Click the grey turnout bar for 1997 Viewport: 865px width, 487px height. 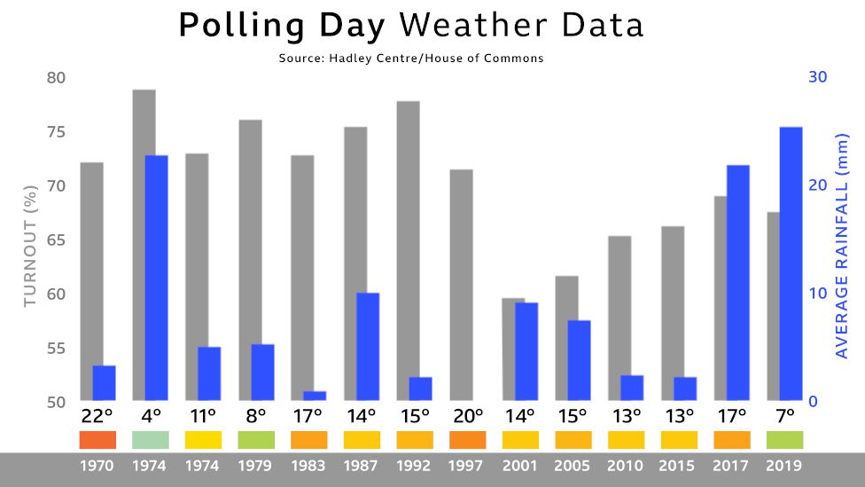(461, 284)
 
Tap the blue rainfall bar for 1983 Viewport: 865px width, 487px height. (315, 396)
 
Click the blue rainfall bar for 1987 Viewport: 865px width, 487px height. (368, 346)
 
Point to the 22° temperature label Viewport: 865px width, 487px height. (97, 415)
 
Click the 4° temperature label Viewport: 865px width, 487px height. (151, 415)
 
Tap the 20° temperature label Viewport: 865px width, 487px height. (467, 415)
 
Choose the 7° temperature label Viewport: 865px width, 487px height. (784, 415)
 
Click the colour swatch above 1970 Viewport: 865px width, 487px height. (97, 439)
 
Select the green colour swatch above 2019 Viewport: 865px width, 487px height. (784, 439)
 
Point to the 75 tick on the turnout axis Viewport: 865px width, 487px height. (56, 132)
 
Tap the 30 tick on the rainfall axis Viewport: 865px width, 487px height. (817, 77)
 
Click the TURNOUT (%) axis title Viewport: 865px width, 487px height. (31, 240)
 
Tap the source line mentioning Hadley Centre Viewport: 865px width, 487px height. (410, 58)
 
